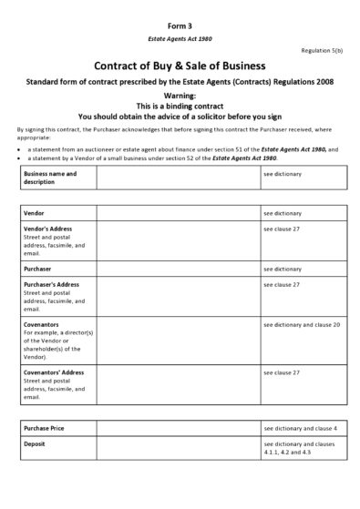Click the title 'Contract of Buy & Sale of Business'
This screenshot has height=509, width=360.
180,66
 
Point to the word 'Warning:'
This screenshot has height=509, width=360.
180,96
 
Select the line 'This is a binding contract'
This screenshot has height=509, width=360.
180,106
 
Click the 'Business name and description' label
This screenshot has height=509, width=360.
51,177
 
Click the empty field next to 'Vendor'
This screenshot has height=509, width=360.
178,212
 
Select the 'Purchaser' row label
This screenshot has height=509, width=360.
38,270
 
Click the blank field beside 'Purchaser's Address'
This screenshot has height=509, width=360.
178,297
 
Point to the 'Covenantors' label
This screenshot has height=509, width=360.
44,324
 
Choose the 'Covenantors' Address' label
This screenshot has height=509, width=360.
55,372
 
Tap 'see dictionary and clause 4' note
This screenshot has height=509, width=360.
300,427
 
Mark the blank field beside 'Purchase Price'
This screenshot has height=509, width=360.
178,427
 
